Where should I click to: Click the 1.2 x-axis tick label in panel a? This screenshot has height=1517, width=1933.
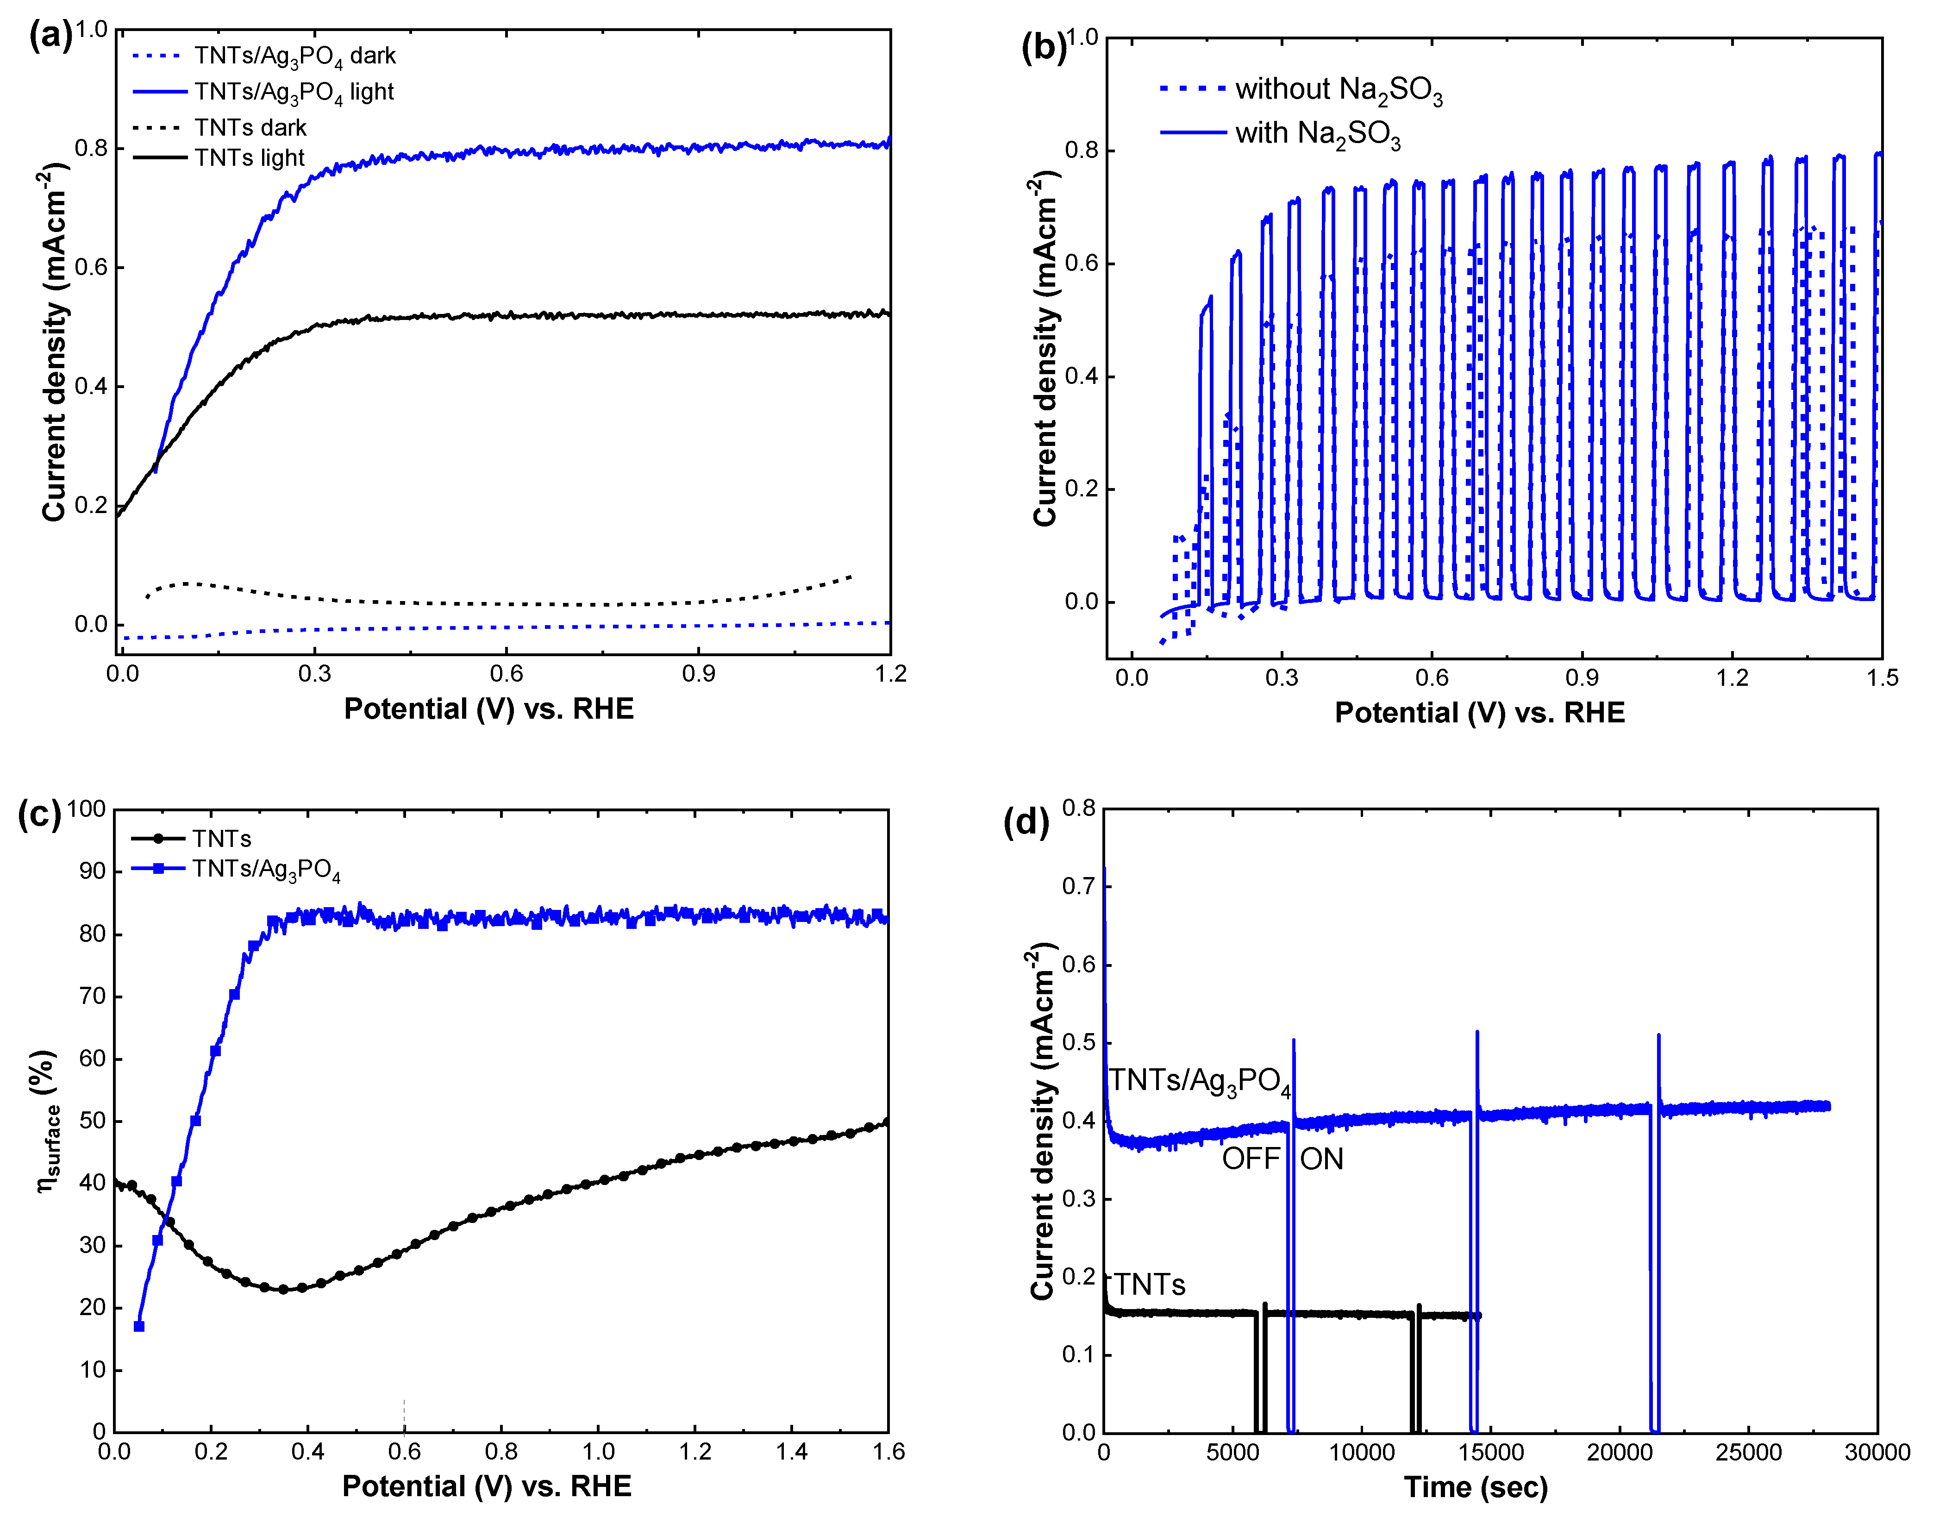890,674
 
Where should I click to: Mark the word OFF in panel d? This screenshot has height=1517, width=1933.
1250,1159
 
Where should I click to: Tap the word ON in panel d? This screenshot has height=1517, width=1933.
1321,1159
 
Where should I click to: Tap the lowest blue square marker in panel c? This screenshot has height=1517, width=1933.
138,1326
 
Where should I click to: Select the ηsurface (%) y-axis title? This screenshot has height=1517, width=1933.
49,1121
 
